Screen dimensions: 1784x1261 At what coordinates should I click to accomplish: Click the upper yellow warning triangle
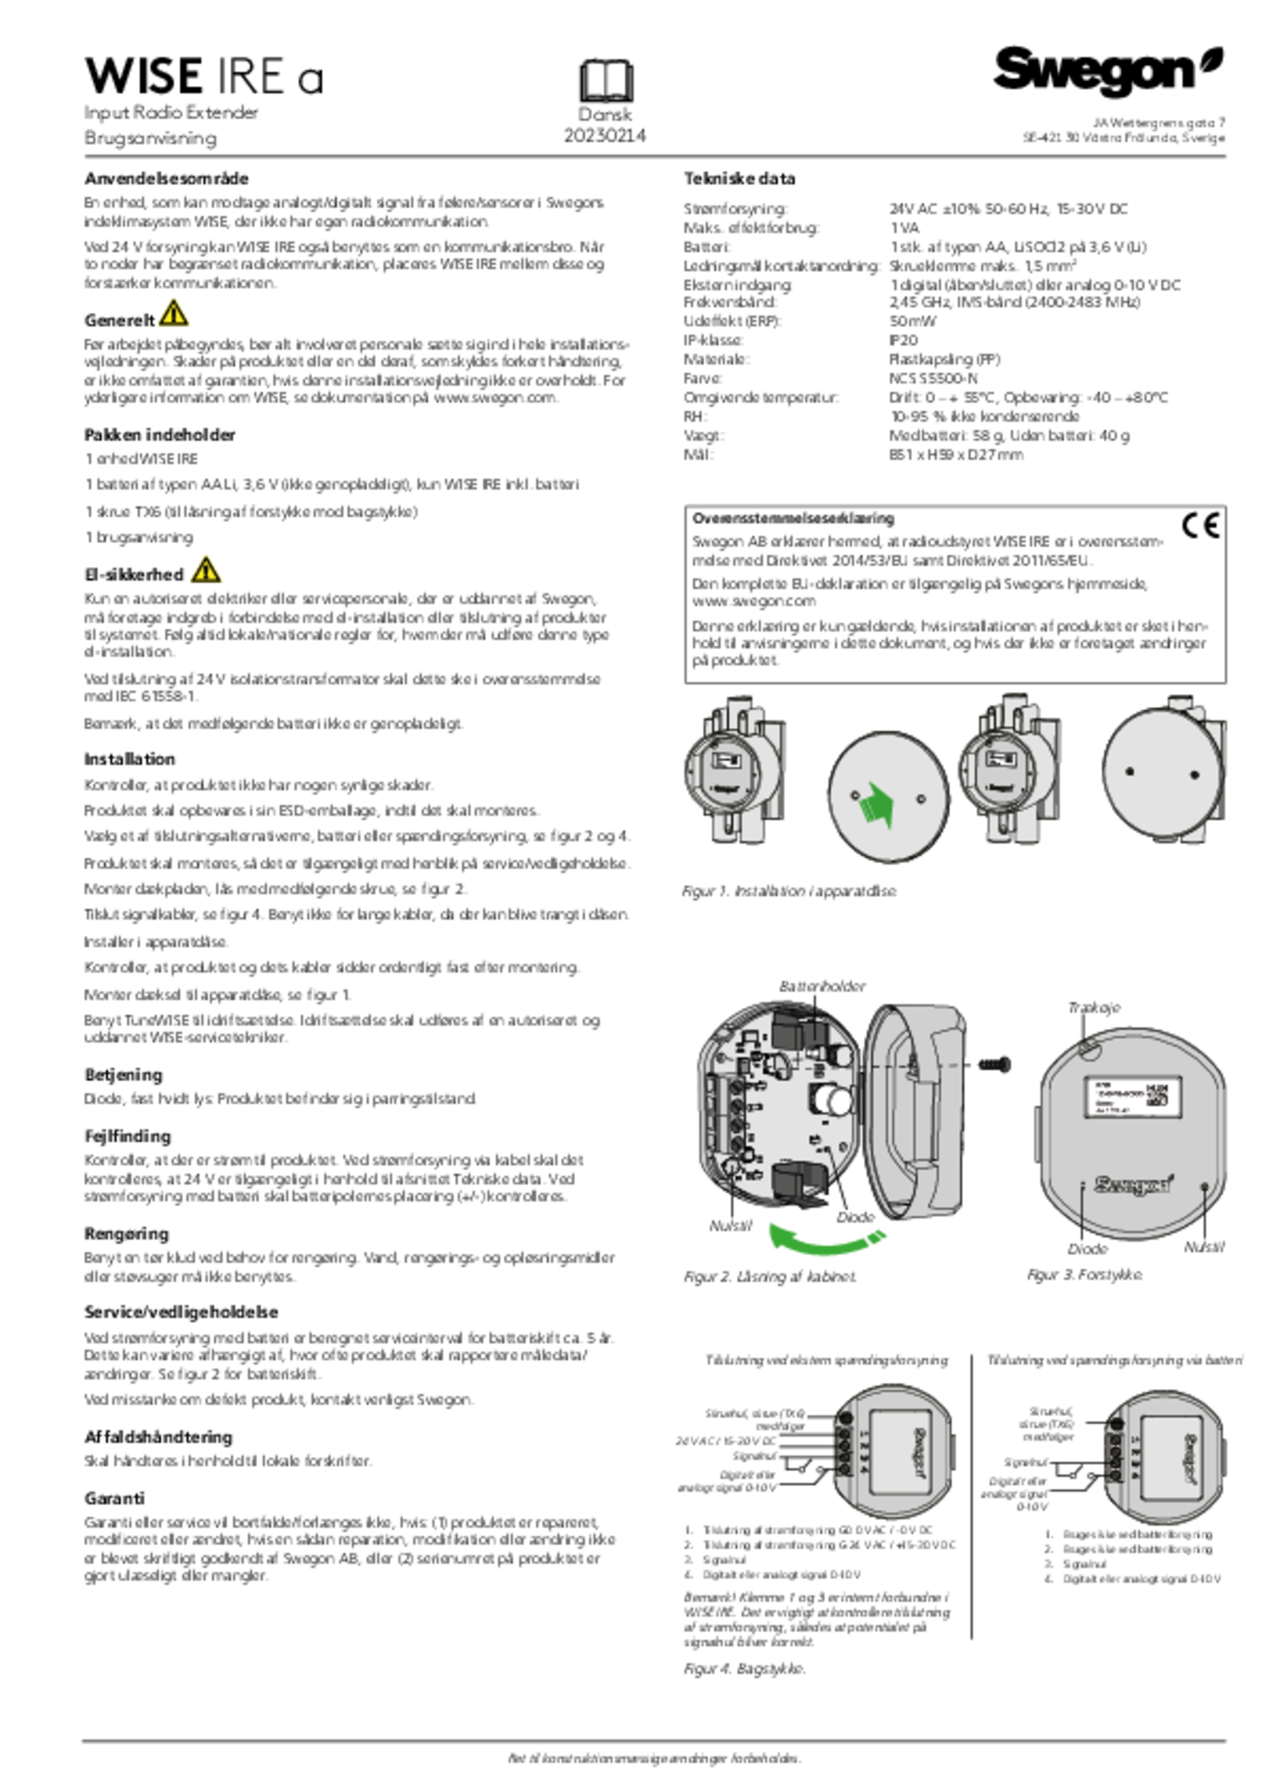click(x=174, y=314)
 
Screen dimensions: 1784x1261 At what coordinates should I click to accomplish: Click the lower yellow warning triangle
click(x=206, y=570)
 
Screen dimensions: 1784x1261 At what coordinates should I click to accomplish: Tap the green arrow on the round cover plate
click(x=881, y=805)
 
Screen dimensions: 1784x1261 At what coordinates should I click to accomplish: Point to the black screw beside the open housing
click(x=995, y=1065)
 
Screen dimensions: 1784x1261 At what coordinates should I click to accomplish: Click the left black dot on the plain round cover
click(x=1129, y=771)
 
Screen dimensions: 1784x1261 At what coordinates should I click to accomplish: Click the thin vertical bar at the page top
click(x=604, y=80)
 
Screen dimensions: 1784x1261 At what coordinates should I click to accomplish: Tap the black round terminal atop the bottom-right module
click(x=1117, y=1423)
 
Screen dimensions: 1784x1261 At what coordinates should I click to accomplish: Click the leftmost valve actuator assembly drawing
click(x=735, y=771)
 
